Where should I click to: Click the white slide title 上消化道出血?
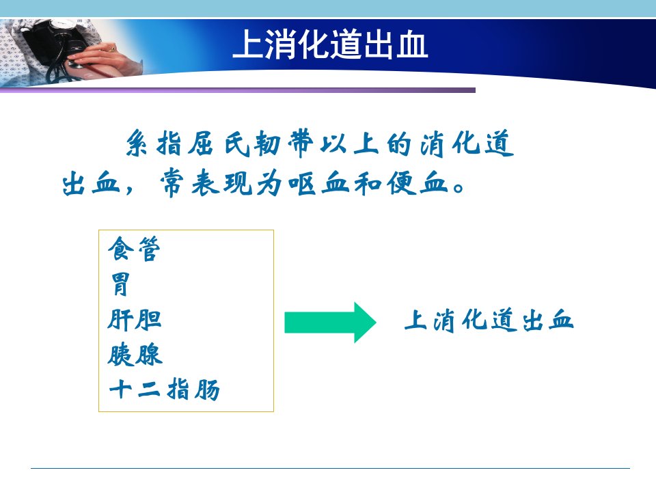[x=330, y=44]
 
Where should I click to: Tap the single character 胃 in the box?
[x=120, y=284]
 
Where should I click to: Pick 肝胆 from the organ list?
[x=135, y=320]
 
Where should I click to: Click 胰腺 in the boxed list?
[x=135, y=355]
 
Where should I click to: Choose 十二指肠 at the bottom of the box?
[x=165, y=389]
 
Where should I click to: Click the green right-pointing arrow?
[x=331, y=323]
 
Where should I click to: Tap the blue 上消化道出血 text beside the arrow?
[x=489, y=320]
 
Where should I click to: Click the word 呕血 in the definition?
[x=319, y=183]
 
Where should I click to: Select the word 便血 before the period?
[x=417, y=183]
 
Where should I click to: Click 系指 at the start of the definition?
[x=154, y=143]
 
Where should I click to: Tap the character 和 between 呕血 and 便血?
[x=368, y=183]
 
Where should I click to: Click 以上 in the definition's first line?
[x=349, y=143]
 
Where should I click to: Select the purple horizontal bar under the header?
[x=238, y=90]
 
